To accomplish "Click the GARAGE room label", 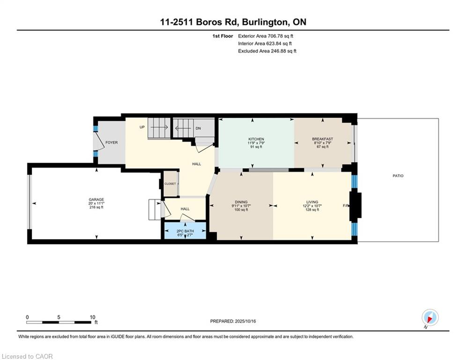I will [96, 199].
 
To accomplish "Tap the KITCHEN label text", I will [256, 139].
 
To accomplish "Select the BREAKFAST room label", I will [322, 139].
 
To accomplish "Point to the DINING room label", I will [241, 202].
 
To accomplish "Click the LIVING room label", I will [312, 202].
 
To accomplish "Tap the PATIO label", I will [398, 176].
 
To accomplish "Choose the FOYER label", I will [111, 142].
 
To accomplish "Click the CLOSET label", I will [170, 184].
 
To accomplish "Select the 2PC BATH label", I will [185, 231].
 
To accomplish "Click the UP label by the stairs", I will [141, 127].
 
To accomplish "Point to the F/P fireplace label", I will [346, 206].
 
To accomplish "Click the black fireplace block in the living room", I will [356, 205].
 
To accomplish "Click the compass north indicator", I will [429, 318].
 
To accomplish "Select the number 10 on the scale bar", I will [93, 317].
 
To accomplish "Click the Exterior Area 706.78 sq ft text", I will [266, 36].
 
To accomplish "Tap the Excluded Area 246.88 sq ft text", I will [267, 51].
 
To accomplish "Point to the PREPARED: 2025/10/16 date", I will [234, 321].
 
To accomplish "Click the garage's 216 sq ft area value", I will [96, 207].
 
